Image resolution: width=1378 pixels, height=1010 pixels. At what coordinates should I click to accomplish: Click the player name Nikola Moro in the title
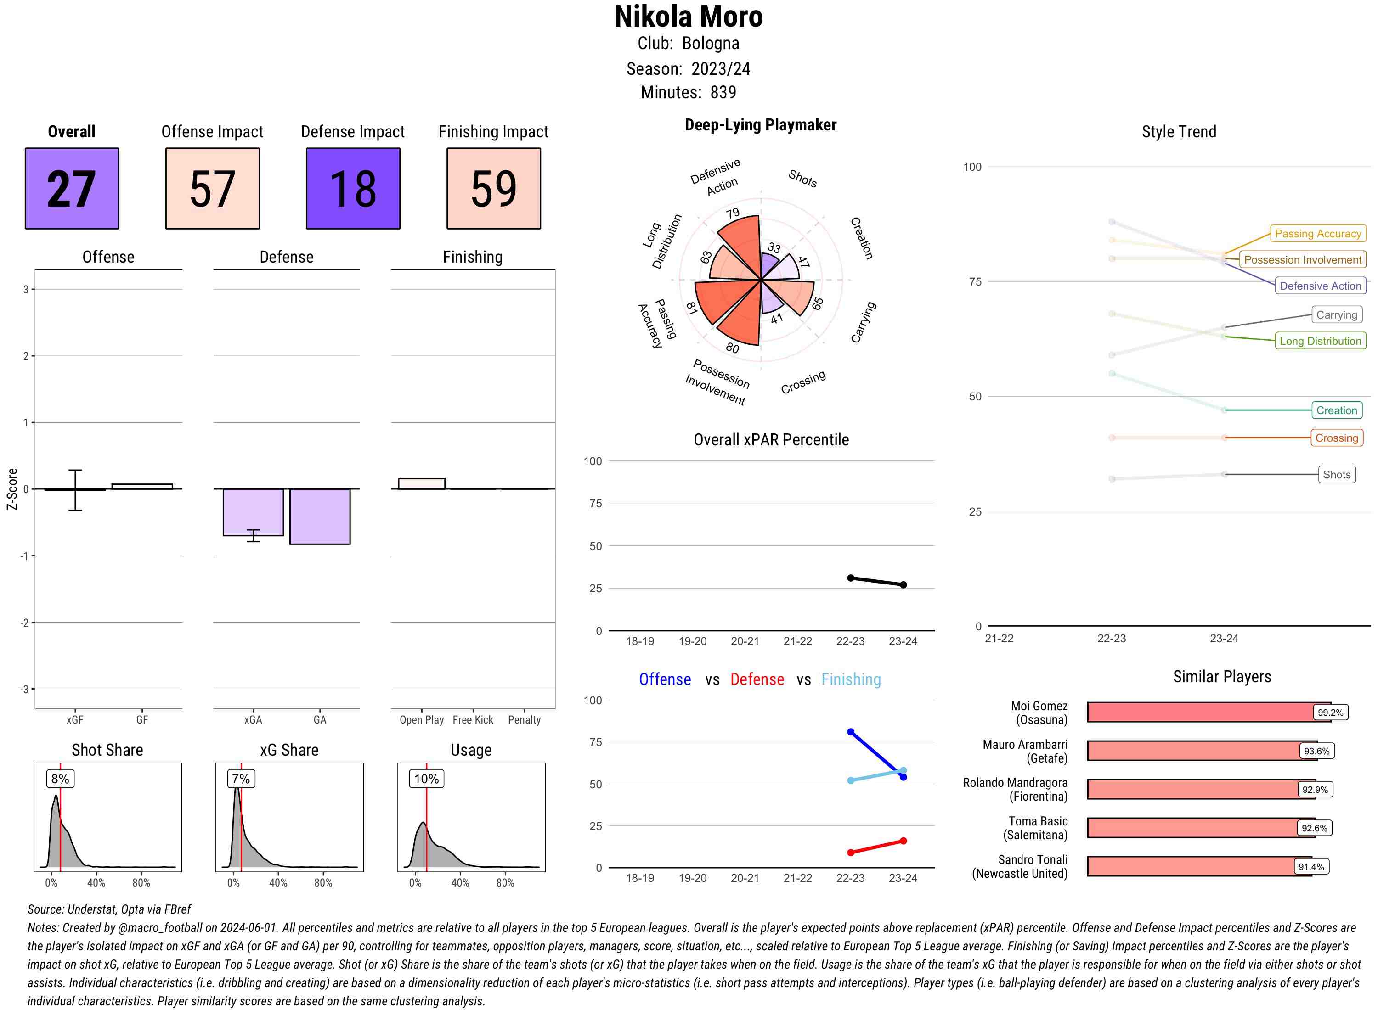688,17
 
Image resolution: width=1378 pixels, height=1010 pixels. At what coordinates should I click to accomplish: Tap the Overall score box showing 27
72,188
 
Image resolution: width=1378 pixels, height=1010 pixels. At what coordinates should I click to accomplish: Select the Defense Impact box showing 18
353,188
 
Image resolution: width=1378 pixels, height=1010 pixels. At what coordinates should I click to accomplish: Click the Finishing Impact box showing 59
494,188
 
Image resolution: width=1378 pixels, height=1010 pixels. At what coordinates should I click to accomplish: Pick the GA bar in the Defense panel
320,516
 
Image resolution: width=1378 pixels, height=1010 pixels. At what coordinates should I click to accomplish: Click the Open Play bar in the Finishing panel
421,483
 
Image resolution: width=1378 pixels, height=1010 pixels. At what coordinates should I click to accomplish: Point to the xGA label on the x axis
253,719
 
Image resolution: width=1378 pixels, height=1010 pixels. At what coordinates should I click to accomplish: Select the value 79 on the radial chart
733,213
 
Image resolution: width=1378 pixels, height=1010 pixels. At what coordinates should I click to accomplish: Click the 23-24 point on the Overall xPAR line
904,584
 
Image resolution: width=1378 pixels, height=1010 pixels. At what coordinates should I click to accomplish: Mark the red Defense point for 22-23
850,852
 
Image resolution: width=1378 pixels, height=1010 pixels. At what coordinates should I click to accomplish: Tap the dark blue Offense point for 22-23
850,732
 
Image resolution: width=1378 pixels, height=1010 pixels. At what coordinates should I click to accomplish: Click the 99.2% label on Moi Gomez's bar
1330,712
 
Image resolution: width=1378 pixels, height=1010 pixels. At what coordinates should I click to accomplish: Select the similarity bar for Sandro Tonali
1199,866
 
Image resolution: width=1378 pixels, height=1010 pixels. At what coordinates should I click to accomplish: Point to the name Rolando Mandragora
1015,783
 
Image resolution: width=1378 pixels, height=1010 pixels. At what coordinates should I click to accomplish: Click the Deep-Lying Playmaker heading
760,125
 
